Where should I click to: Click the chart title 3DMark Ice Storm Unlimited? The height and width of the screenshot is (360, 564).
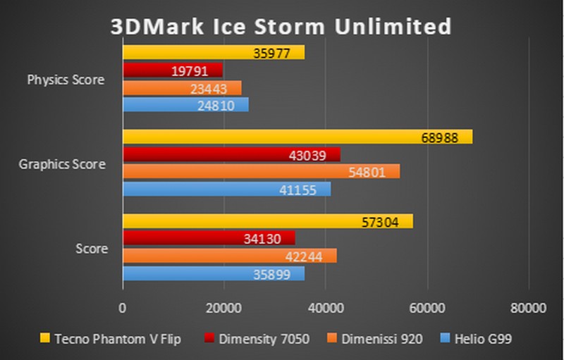(x=281, y=26)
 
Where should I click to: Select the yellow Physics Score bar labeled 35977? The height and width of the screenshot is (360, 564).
(x=214, y=53)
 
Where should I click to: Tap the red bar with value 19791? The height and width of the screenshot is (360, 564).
(x=173, y=70)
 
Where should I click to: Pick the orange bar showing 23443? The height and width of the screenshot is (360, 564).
(x=182, y=87)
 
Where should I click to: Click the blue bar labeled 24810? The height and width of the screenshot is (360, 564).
(x=185, y=105)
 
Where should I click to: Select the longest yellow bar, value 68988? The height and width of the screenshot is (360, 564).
(x=298, y=137)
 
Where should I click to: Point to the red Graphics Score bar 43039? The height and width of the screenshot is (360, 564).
(x=231, y=154)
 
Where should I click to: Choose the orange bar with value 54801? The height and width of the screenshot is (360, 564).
(x=261, y=171)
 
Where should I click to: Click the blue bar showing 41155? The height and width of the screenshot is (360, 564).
(x=226, y=189)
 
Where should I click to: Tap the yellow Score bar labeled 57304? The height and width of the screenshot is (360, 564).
(x=268, y=221)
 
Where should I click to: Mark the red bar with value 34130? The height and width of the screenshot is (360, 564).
(x=209, y=238)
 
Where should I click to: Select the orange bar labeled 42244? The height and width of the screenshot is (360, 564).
(x=230, y=256)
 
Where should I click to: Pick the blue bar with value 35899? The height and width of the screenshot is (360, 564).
(x=214, y=273)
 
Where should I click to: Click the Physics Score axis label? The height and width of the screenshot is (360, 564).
(x=66, y=80)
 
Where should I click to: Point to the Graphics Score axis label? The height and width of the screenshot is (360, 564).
(x=62, y=164)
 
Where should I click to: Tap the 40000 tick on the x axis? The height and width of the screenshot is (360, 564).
(x=325, y=307)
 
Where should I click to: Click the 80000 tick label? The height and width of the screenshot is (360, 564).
(x=528, y=307)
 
